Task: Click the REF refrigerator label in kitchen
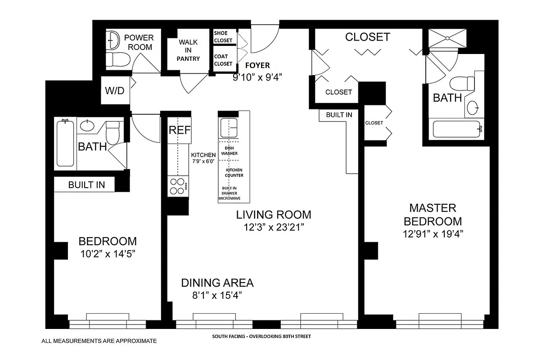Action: pos(180,130)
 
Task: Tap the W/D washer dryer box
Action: pos(114,90)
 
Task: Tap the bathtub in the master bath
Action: pos(457,130)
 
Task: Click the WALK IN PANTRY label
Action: pos(188,50)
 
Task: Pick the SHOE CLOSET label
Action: pos(223,37)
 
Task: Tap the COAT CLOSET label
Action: pos(223,60)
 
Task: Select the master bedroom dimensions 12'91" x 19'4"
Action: pos(433,234)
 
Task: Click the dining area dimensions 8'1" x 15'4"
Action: pos(217,295)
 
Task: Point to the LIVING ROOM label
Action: pos(273,215)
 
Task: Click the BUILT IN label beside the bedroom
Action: pos(86,185)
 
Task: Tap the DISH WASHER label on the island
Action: pos(230,150)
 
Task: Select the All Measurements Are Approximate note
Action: pos(99,341)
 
